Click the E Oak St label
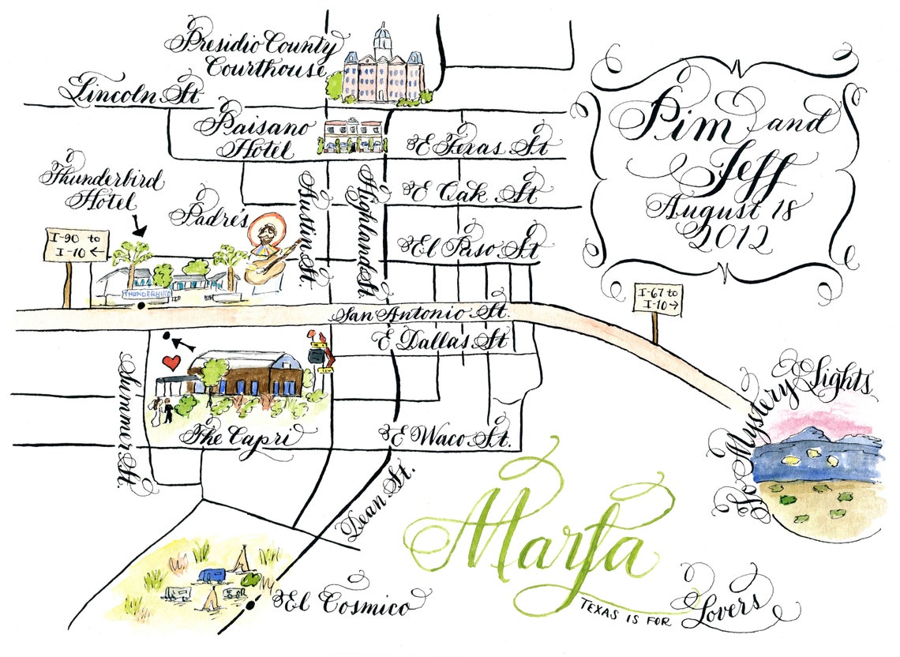tap(471, 193)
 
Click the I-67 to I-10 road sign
tap(658, 301)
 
